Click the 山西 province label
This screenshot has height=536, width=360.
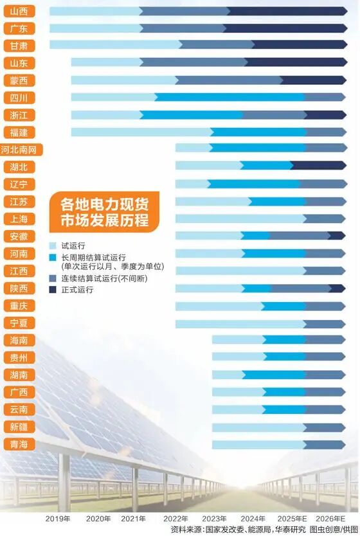[x=19, y=11]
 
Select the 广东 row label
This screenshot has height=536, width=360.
[x=19, y=28]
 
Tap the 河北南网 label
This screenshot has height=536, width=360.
[x=22, y=150]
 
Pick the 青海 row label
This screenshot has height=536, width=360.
[x=19, y=444]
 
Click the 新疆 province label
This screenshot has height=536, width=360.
[x=19, y=427]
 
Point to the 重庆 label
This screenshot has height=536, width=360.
[x=19, y=305]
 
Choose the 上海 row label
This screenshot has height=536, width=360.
[x=19, y=219]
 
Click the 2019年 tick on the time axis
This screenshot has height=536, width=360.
[x=58, y=518]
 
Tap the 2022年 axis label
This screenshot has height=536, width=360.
[x=175, y=518]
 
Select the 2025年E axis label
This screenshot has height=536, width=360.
[x=292, y=518]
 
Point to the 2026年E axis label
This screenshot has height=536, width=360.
[x=330, y=518]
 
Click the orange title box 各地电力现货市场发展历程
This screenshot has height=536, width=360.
[x=104, y=212]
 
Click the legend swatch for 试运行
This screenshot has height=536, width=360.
[x=54, y=246]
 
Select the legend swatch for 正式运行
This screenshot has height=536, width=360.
[x=54, y=290]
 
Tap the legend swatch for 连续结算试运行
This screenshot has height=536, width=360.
[x=54, y=278]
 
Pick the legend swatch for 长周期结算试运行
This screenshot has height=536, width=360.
[x=54, y=257]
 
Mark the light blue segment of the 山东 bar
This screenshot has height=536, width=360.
[x=105, y=62]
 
